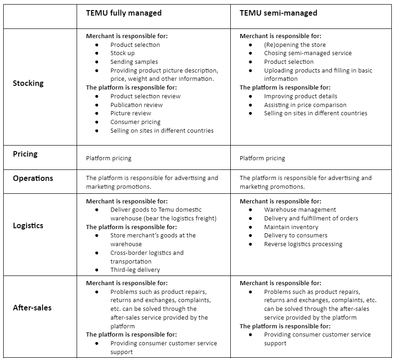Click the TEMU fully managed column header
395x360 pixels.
pyautogui.click(x=124, y=13)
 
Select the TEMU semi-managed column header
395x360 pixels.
pyautogui.click(x=278, y=13)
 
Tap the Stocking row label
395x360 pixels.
pyautogui.click(x=28, y=83)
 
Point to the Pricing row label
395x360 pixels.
pyautogui.click(x=25, y=154)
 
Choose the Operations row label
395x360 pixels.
pyautogui.click(x=33, y=178)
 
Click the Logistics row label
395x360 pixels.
pyautogui.click(x=28, y=225)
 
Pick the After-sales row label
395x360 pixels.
pyautogui.click(x=32, y=308)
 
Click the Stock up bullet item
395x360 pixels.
pyautogui.click(x=122, y=53)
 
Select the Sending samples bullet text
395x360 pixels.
pyautogui.click(x=134, y=62)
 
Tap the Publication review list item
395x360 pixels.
pyautogui.click(x=136, y=105)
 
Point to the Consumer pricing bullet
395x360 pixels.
pyautogui.click(x=135, y=122)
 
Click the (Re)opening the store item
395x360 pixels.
pyautogui.click(x=295, y=45)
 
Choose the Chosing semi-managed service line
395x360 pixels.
pyautogui.click(x=308, y=53)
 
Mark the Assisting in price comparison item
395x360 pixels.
pyautogui.click(x=305, y=105)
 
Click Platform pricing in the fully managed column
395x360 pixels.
pyautogui.click(x=109, y=158)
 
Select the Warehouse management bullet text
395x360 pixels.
pyautogui.click(x=300, y=210)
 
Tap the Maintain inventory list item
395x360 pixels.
pyautogui.click(x=291, y=227)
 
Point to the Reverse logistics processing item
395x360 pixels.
pyautogui.click(x=303, y=244)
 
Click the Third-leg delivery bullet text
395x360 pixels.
pyautogui.click(x=135, y=270)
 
